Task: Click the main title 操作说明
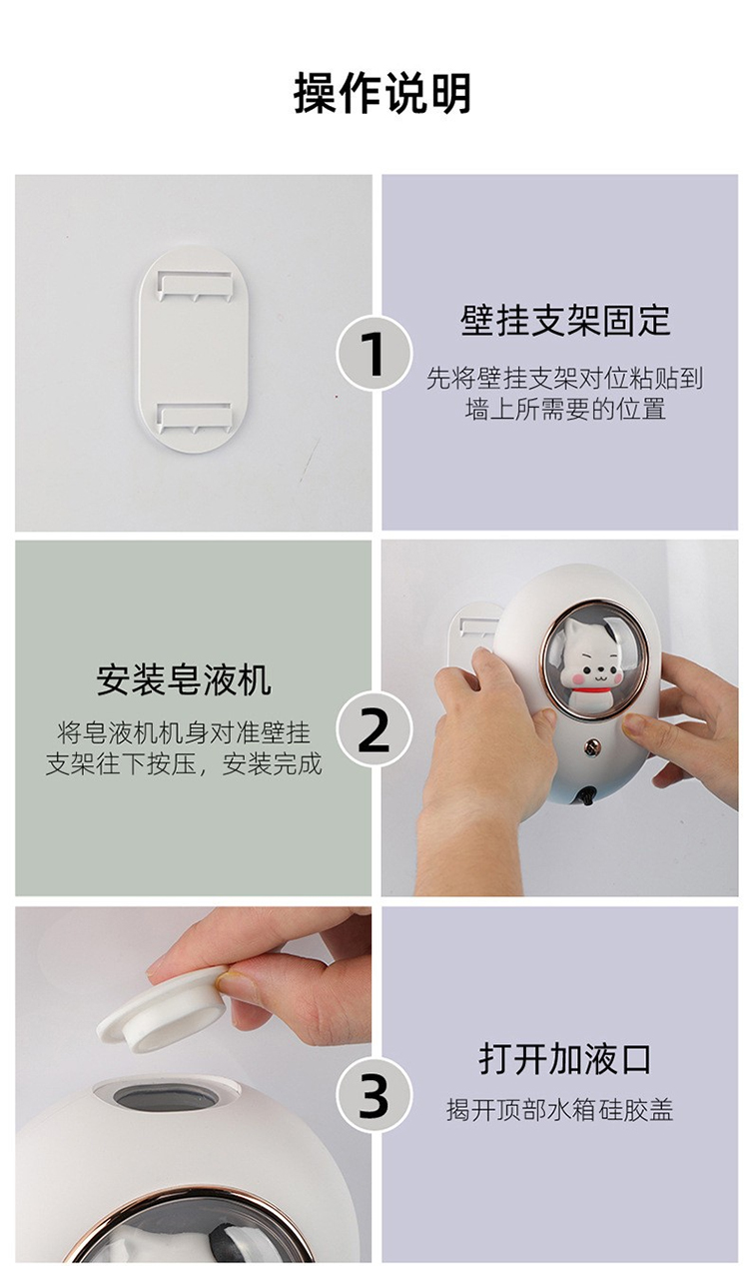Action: tap(381, 93)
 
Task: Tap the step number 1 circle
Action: tap(374, 354)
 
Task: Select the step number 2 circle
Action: tap(374, 728)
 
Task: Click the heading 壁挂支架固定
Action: tap(565, 321)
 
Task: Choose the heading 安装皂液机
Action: tap(184, 679)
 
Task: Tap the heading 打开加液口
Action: tap(565, 1059)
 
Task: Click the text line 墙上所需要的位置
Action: tap(565, 409)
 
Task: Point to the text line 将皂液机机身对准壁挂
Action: tap(184, 733)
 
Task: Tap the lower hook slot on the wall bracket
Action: tap(195, 418)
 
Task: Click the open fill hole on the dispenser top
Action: tap(166, 1096)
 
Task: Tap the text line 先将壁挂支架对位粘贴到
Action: tap(565, 378)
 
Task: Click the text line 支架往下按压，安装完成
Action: tap(184, 763)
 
